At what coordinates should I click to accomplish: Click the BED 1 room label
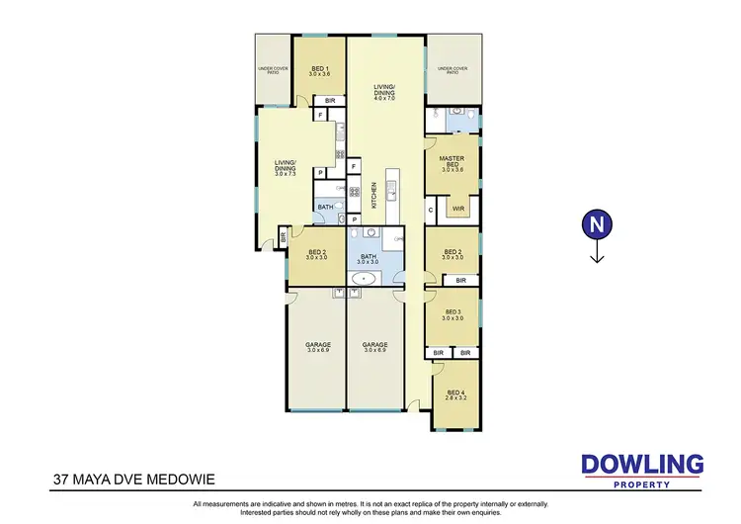point(318,68)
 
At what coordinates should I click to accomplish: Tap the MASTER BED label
point(453,160)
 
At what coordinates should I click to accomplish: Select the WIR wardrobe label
point(458,209)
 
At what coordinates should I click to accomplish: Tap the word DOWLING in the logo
point(641,464)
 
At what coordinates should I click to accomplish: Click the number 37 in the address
point(62,480)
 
